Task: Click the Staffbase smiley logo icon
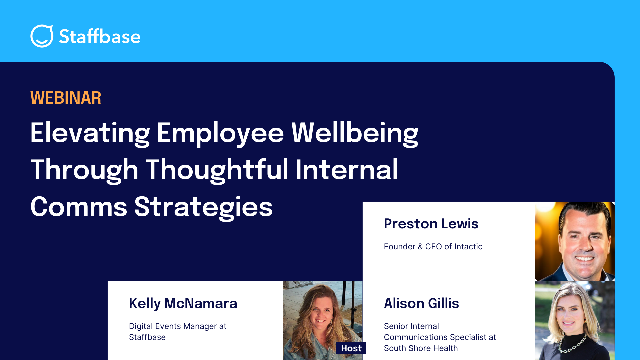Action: tap(42, 36)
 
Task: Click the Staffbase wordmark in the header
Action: tap(100, 36)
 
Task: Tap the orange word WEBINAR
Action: tap(66, 98)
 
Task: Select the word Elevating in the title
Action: tap(90, 133)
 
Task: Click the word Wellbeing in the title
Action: tap(355, 133)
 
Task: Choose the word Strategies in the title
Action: tap(203, 207)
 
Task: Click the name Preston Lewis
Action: tap(431, 224)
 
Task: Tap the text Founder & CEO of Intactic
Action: tap(433, 246)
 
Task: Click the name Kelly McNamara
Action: tap(183, 304)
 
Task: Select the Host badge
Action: tap(351, 348)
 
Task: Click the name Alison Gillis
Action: tap(421, 303)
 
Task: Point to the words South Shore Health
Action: tap(421, 348)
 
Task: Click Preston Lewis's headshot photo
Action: tap(575, 241)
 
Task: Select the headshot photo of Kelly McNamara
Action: tap(323, 321)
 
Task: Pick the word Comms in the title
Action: tap(79, 207)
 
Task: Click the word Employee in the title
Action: tap(220, 133)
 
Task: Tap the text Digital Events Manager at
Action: tap(178, 326)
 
